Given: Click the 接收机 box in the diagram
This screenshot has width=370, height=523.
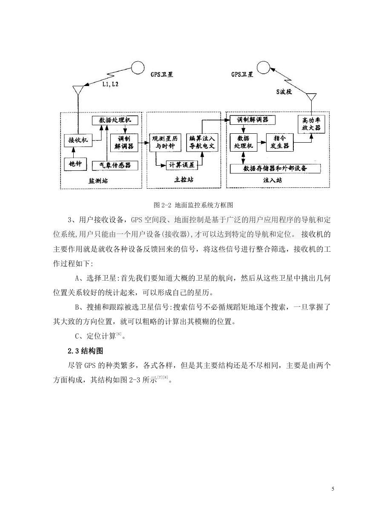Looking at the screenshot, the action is point(78,140).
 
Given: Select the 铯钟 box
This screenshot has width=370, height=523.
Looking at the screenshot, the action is point(75,164).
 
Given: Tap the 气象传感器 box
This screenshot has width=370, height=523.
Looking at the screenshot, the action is point(115,166).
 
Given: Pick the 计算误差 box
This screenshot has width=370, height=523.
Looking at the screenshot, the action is point(182,165).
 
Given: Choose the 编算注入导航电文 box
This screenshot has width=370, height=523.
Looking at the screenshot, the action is point(202,142).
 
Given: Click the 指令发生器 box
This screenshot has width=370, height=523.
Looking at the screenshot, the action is point(280,142).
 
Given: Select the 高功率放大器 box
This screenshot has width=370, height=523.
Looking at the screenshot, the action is point(311,124).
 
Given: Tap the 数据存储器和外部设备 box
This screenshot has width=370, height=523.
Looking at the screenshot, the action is point(275,168).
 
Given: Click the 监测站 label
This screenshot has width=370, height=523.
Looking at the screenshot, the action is point(98,181).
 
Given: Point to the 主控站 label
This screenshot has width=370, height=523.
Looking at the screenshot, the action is point(184,180).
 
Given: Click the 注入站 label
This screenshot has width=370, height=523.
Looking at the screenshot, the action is point(272,180).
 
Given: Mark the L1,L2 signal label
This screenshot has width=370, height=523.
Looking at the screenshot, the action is point(110,84).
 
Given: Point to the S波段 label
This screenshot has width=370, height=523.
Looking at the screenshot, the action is point(284,92).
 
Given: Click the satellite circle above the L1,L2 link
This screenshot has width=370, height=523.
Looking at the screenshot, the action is point(138,68).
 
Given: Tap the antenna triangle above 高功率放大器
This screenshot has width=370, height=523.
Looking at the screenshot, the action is point(311,96).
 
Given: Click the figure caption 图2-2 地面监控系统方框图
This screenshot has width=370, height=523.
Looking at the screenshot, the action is point(193,205).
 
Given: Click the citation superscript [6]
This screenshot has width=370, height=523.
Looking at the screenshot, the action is point(119,333).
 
